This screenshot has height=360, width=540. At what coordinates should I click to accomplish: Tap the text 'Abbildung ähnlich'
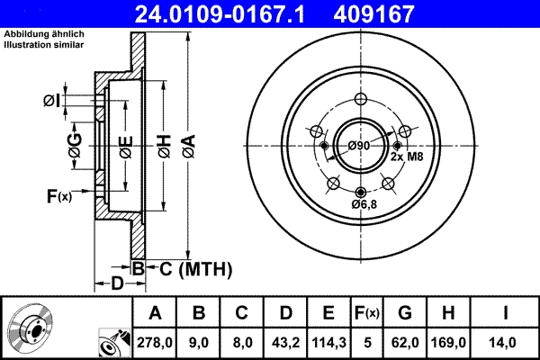coord(40,34)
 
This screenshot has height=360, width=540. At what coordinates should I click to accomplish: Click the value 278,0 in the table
coord(155,341)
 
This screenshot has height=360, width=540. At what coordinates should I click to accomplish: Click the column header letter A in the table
coord(155,313)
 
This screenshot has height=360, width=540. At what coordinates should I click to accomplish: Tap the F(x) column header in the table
coord(366,313)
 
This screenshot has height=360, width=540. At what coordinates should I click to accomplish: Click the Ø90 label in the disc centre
coord(359,146)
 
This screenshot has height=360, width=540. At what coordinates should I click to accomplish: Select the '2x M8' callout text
coord(406,156)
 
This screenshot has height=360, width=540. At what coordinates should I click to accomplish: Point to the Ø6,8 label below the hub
coord(363,204)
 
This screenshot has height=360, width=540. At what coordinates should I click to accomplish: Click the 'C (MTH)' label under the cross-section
coord(191,268)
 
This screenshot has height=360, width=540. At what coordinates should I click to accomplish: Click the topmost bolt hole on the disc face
coord(361,100)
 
